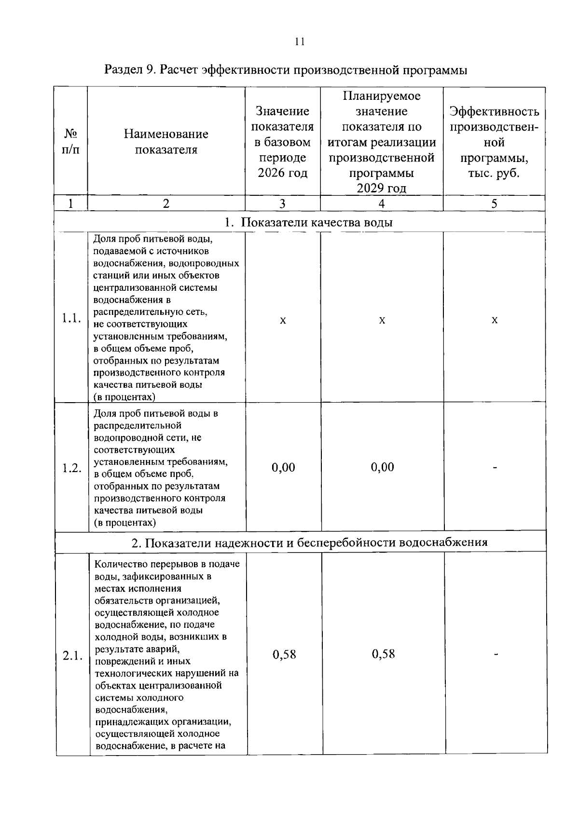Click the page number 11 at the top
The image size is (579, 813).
(299, 41)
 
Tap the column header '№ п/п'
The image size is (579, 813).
(70, 141)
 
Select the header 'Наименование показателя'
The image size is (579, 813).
(166, 141)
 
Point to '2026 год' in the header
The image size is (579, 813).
(282, 173)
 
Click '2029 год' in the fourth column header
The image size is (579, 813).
(381, 188)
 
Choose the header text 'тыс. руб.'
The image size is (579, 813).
(494, 173)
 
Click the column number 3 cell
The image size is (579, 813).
(282, 203)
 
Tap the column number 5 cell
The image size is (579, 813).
(494, 203)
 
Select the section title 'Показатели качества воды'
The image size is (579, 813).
(316, 222)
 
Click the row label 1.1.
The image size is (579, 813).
(71, 318)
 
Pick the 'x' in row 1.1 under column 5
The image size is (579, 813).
(495, 320)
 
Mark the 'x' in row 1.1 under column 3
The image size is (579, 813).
(283, 320)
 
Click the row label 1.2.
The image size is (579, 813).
(71, 468)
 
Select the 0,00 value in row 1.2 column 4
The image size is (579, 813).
(382, 467)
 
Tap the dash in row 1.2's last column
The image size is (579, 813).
(495, 467)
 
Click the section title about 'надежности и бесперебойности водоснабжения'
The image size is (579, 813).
(309, 542)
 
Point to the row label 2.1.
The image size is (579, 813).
(72, 655)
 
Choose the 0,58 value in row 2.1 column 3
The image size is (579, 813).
(284, 654)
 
